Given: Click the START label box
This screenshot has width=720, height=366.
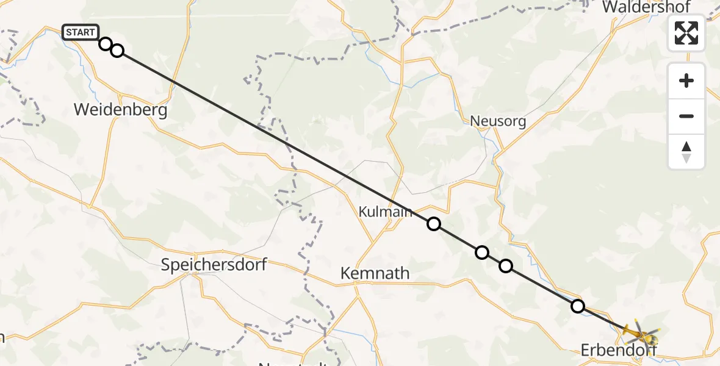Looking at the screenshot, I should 80,32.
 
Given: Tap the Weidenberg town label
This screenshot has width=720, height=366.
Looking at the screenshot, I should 120,110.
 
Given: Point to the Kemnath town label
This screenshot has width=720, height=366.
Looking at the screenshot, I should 375,273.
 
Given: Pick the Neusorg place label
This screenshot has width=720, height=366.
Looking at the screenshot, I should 498,121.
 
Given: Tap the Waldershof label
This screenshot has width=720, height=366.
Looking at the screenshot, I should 646,7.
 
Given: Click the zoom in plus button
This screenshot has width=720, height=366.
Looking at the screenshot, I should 686,81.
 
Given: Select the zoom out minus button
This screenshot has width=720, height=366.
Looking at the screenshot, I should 686,116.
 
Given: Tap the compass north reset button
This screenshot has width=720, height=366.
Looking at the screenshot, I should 686,152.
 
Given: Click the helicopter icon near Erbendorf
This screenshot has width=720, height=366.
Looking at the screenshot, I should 641,334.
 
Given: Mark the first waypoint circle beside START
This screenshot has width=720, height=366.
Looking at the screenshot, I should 106,44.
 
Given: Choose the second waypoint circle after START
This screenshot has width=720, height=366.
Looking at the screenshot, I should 117,51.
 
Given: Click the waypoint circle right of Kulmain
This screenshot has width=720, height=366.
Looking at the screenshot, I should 434,224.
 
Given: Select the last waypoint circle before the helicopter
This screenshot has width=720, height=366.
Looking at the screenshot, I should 577,306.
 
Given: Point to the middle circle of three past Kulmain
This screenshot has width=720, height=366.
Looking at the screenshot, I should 482,252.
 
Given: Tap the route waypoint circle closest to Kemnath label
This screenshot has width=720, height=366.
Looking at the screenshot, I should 434,224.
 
